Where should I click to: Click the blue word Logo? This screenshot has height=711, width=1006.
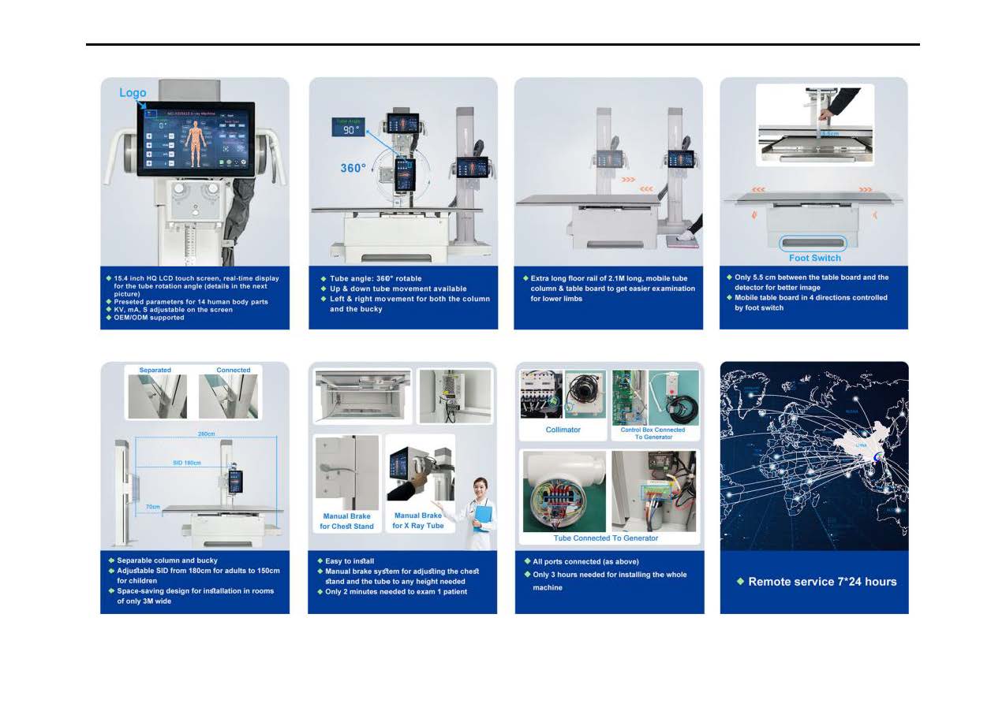(x=133, y=93)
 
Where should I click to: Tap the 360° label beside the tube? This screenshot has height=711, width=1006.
(x=353, y=169)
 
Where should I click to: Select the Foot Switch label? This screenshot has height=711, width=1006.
(x=814, y=258)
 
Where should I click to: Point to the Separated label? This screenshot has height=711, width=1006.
(x=155, y=370)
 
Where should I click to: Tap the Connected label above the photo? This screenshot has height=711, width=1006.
(x=234, y=370)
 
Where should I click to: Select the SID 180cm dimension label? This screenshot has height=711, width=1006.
(x=186, y=462)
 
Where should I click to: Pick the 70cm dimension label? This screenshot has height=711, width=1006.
(x=153, y=507)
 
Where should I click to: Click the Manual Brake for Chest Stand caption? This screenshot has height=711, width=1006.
(x=346, y=521)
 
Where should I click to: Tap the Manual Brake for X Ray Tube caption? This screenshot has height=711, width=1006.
(x=418, y=520)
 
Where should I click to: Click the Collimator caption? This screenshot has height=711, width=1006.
(x=563, y=430)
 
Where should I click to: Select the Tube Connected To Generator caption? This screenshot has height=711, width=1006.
(x=605, y=538)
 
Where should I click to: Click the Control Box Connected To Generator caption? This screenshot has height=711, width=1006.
(x=653, y=433)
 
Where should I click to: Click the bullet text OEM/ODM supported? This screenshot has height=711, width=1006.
(x=149, y=318)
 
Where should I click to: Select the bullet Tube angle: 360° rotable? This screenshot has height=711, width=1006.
(x=376, y=278)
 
